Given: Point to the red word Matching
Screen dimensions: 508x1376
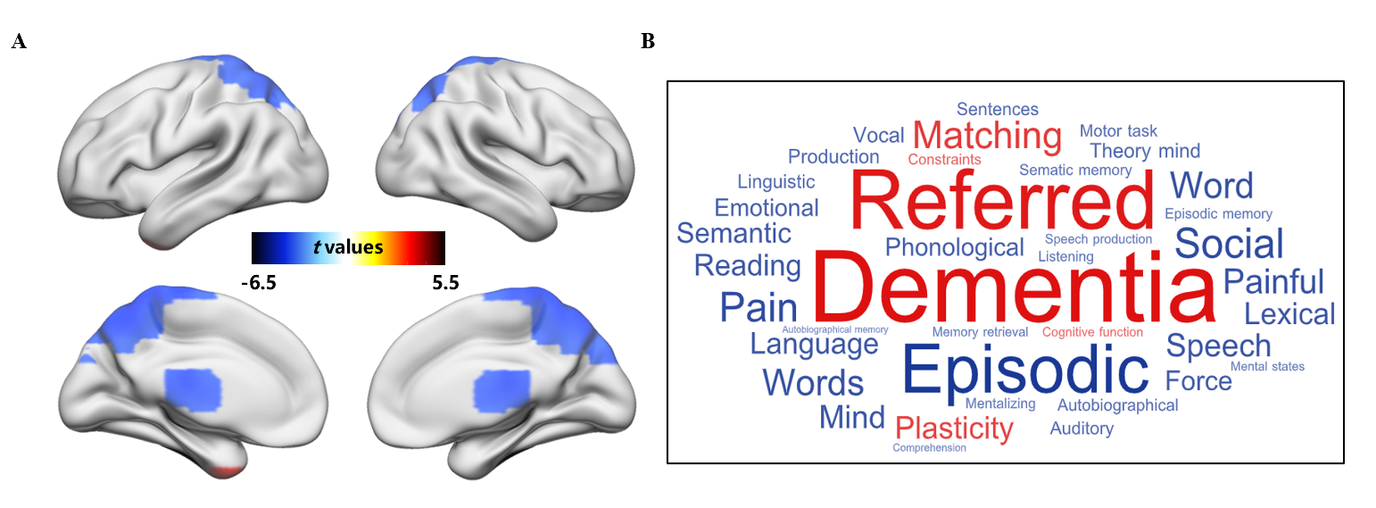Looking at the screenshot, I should pyautogui.click(x=987, y=137).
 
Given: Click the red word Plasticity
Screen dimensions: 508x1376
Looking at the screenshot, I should pyautogui.click(x=954, y=429).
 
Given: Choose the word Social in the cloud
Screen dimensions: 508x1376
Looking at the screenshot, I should pyautogui.click(x=1229, y=244).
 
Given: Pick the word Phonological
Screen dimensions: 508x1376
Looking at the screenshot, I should pyautogui.click(x=954, y=247).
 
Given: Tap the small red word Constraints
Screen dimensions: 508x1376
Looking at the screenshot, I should pyautogui.click(x=944, y=160).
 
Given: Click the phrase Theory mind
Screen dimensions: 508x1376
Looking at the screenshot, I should pyautogui.click(x=1145, y=151).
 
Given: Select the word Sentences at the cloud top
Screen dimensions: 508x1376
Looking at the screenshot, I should pyautogui.click(x=998, y=109).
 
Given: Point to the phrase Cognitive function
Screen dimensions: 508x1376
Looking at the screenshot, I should pyautogui.click(x=1092, y=332).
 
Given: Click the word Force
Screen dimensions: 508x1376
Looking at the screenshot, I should pyautogui.click(x=1198, y=381).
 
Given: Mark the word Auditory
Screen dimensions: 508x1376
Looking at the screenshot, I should pyautogui.click(x=1082, y=429).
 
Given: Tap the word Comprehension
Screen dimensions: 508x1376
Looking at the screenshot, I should pyautogui.click(x=929, y=447).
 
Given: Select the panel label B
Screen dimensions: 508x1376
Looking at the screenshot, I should pyautogui.click(x=649, y=42).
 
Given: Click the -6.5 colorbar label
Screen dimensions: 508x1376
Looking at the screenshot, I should pyautogui.click(x=259, y=284).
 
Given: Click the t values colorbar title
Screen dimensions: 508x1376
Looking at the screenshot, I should pyautogui.click(x=348, y=246).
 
